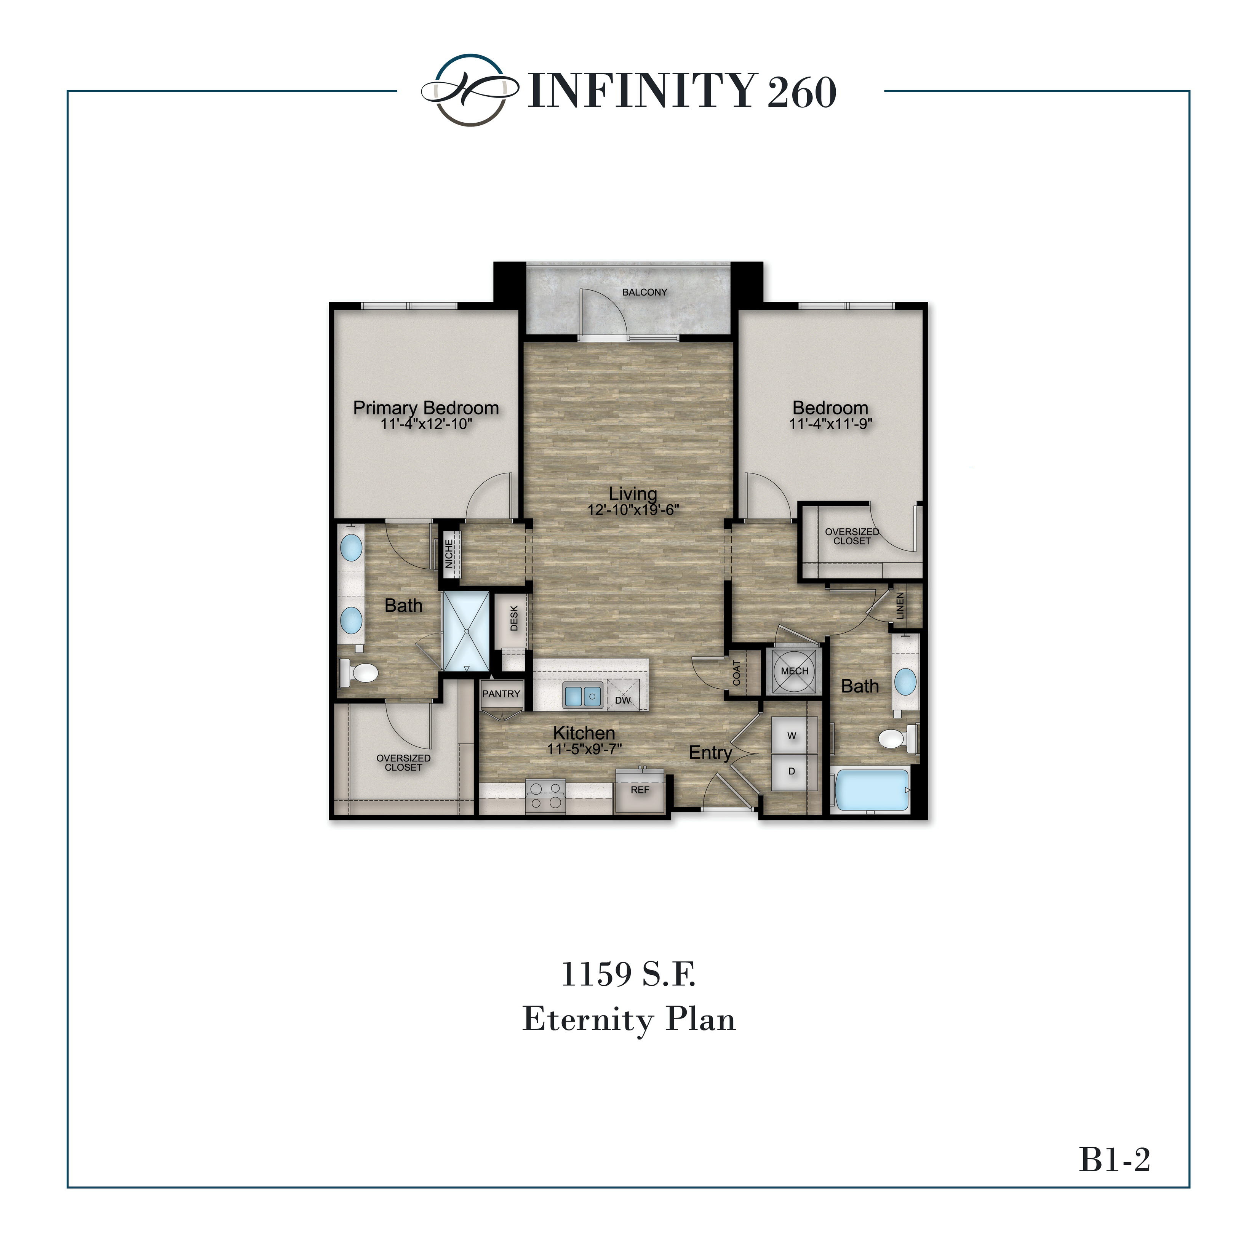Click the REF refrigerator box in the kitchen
pyautogui.click(x=640, y=790)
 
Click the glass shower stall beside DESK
pyautogui.click(x=466, y=631)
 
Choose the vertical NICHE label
pyautogui.click(x=449, y=553)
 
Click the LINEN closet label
pyautogui.click(x=900, y=605)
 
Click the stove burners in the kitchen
pyautogui.click(x=545, y=796)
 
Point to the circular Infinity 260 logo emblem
pyautogui.click(x=470, y=90)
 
